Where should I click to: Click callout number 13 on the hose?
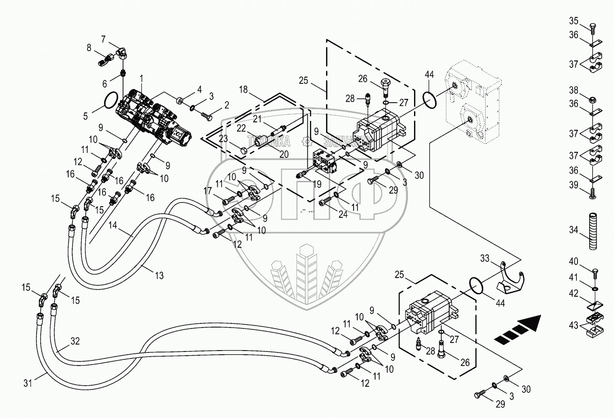coord(159,276)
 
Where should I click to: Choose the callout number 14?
coord(112,225)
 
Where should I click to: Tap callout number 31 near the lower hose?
coord(28,383)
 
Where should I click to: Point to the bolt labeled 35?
coord(592,27)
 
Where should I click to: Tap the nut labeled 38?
coord(592,100)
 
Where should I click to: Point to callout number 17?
coord(207,191)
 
